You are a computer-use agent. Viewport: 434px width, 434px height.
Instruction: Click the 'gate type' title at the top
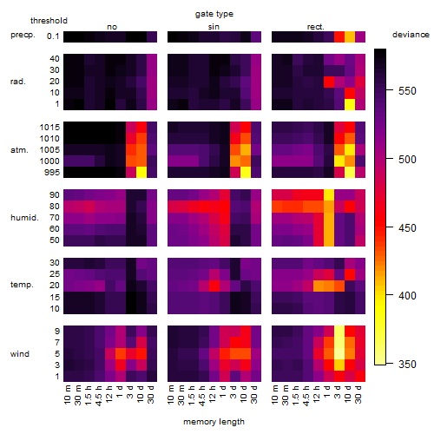pos(214,14)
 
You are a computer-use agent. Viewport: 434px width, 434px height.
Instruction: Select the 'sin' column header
pos(214,27)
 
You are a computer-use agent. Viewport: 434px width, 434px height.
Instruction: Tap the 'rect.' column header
pos(315,27)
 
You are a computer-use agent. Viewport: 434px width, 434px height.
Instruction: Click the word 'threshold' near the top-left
pos(49,21)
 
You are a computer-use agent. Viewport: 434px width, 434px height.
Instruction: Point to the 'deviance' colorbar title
pos(411,35)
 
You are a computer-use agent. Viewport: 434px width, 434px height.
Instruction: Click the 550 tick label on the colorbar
pos(407,91)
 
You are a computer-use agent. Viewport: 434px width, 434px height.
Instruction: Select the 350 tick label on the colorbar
pos(407,364)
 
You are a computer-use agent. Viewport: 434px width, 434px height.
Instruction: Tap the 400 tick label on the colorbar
pos(407,295)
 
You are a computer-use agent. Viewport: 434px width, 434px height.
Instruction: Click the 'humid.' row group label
pos(24,218)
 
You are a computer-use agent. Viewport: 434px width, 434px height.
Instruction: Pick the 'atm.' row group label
pos(19,150)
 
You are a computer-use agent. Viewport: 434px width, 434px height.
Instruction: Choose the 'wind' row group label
pos(20,354)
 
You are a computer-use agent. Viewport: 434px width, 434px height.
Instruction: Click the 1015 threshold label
pos(49,128)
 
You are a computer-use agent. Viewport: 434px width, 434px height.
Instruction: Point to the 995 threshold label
pos(52,173)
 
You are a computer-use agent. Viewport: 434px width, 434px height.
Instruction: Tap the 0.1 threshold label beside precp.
pos(53,36)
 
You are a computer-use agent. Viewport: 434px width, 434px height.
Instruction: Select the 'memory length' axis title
pos(214,422)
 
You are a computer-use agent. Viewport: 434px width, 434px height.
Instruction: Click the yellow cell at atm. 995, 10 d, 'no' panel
pos(141,173)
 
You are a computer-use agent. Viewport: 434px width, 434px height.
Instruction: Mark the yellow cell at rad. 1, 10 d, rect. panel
pos(350,104)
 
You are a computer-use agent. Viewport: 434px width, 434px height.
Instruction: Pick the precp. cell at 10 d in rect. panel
pos(350,36)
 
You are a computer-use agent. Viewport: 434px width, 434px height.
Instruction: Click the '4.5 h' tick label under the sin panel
pos(202,395)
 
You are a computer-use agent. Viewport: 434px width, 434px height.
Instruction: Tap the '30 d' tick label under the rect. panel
pos(358,394)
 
